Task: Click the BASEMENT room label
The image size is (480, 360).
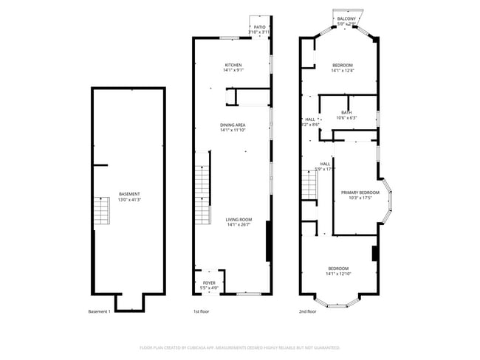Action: click(x=129, y=194)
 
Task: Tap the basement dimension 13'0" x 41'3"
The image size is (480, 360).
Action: click(x=129, y=200)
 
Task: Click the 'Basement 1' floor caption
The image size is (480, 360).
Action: click(x=99, y=312)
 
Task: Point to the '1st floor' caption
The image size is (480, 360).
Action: click(x=201, y=312)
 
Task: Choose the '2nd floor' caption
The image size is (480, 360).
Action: click(x=307, y=312)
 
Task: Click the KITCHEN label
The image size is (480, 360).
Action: click(x=233, y=65)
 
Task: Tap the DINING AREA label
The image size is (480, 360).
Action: click(x=233, y=125)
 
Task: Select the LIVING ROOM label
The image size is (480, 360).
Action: click(x=239, y=219)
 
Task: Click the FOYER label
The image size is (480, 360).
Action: click(x=210, y=283)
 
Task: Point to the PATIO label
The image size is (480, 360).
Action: click(x=260, y=27)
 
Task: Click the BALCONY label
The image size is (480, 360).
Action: click(x=346, y=18)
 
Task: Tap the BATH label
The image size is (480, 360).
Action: click(x=346, y=112)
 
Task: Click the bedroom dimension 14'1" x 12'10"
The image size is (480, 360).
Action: click(x=339, y=274)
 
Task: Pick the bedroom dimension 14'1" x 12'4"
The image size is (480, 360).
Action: click(x=342, y=71)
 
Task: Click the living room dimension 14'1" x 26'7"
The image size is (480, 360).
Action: click(x=239, y=225)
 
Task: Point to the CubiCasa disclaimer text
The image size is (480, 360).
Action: click(x=239, y=347)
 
